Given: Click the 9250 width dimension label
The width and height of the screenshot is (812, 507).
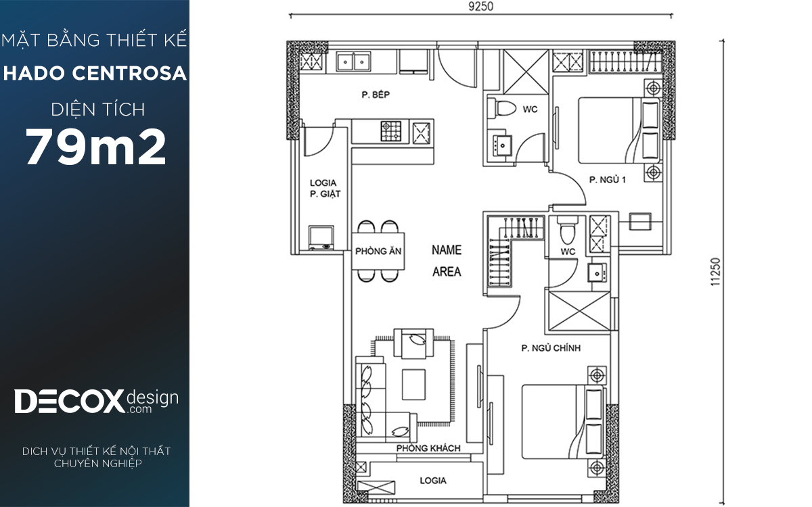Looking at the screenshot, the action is [480, 7].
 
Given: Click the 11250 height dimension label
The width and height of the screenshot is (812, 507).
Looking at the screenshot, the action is [715, 272].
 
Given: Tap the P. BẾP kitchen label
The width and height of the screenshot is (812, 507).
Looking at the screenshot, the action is [376, 95].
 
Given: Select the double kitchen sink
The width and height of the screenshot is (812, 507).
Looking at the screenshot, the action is [353, 62].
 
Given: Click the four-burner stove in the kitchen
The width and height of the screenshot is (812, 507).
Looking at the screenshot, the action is [391, 131].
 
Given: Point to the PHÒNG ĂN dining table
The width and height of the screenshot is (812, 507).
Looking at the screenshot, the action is [378, 251].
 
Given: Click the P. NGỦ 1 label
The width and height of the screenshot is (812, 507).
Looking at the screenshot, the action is [608, 180].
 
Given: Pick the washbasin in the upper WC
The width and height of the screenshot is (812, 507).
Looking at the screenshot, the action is [502, 145].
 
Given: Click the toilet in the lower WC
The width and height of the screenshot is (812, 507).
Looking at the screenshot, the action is [567, 230].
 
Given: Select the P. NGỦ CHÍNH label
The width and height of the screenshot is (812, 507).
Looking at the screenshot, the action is [551, 348].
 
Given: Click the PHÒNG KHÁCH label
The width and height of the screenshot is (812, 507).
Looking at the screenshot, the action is [428, 448].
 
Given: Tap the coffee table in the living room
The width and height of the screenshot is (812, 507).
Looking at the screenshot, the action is [413, 384].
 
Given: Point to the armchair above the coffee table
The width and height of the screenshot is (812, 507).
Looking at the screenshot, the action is [413, 343].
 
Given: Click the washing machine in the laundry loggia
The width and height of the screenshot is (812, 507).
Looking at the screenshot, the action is [321, 238].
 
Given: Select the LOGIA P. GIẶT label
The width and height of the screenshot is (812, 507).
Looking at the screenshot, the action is [325, 189].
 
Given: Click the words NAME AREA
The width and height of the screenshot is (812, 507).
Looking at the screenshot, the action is [447, 261].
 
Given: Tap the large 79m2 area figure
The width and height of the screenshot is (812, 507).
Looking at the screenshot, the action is [95, 147].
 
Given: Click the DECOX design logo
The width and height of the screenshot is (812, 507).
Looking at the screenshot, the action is [96, 402].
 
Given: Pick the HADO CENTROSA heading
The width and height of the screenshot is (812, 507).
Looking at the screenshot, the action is [95, 73].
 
